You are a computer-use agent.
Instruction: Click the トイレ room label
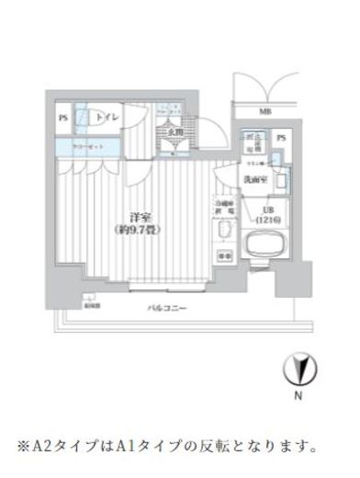107,119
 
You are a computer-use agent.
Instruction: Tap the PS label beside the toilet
63,119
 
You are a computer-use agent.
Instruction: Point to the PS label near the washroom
281,138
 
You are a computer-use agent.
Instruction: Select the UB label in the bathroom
267,211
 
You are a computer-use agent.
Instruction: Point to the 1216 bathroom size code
267,222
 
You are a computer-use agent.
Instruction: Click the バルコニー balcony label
168,309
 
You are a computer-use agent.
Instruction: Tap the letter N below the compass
296,398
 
